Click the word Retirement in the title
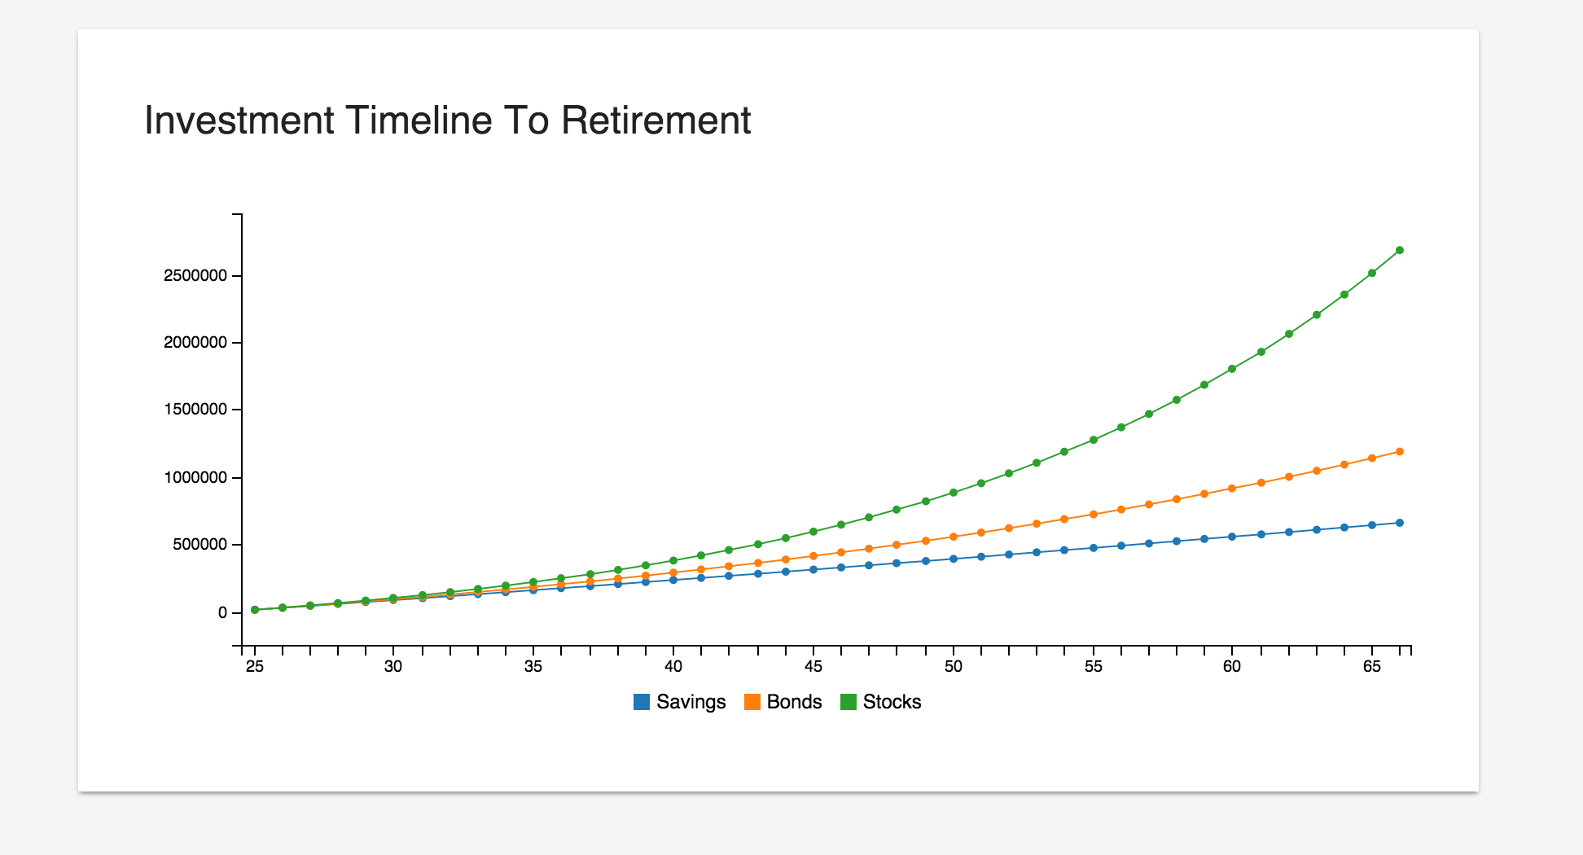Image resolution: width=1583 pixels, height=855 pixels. tap(656, 121)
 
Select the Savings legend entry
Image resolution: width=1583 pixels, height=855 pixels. tap(691, 702)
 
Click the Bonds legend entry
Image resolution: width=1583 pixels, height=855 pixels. tap(794, 702)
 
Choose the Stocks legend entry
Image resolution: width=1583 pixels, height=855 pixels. tap(892, 702)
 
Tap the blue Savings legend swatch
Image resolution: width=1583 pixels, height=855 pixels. tap(642, 702)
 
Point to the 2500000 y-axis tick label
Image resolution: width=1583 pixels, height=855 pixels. tap(195, 275)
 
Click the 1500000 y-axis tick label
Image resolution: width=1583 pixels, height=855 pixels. tap(195, 410)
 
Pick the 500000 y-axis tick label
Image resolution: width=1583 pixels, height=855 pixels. tap(200, 544)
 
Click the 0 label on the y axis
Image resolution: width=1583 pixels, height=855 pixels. tap(222, 612)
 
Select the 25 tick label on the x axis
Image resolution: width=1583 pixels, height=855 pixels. tap(255, 667)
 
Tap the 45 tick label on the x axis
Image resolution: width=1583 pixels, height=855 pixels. tap(813, 667)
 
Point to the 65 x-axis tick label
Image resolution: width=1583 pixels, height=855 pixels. tap(1372, 667)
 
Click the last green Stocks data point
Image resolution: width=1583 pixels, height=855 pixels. tap(1400, 250)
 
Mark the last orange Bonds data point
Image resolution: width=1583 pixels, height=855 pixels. tap(1400, 451)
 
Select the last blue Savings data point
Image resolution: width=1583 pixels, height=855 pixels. tap(1400, 523)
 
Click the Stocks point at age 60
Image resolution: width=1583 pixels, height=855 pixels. tap(1232, 369)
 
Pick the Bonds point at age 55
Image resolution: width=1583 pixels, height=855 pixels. tap(1093, 515)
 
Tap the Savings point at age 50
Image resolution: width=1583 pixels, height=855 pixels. tap(954, 559)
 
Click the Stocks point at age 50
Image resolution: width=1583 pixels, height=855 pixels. tap(954, 493)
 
